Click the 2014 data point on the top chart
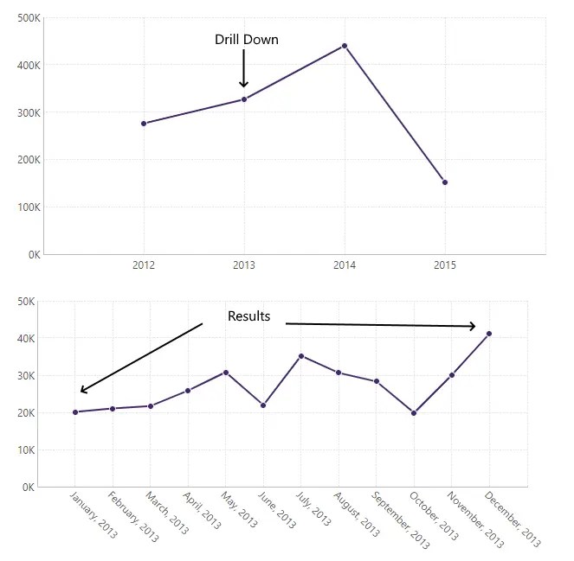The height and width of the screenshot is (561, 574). (x=345, y=46)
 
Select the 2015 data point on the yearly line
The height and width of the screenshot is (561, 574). (x=445, y=182)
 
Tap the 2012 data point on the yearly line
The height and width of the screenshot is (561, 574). (x=144, y=124)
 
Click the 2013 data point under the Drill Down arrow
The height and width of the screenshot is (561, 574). (x=244, y=99)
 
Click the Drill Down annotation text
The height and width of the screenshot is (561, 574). (x=247, y=40)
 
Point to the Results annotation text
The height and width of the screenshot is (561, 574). (x=248, y=316)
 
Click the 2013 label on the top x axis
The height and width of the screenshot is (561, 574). (x=244, y=265)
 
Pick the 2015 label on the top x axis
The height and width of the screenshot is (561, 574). (x=445, y=265)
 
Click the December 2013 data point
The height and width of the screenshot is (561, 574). (x=489, y=334)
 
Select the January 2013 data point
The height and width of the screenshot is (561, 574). (x=75, y=412)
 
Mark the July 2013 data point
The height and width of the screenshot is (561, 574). (x=301, y=356)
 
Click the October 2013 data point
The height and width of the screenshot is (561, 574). (x=414, y=413)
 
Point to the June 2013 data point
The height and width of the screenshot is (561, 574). (x=263, y=405)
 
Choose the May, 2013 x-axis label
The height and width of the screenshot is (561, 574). (x=240, y=511)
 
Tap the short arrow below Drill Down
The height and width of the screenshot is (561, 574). (x=244, y=68)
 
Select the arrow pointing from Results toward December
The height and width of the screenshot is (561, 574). (x=381, y=325)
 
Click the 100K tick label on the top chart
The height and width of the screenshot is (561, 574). (x=29, y=207)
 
